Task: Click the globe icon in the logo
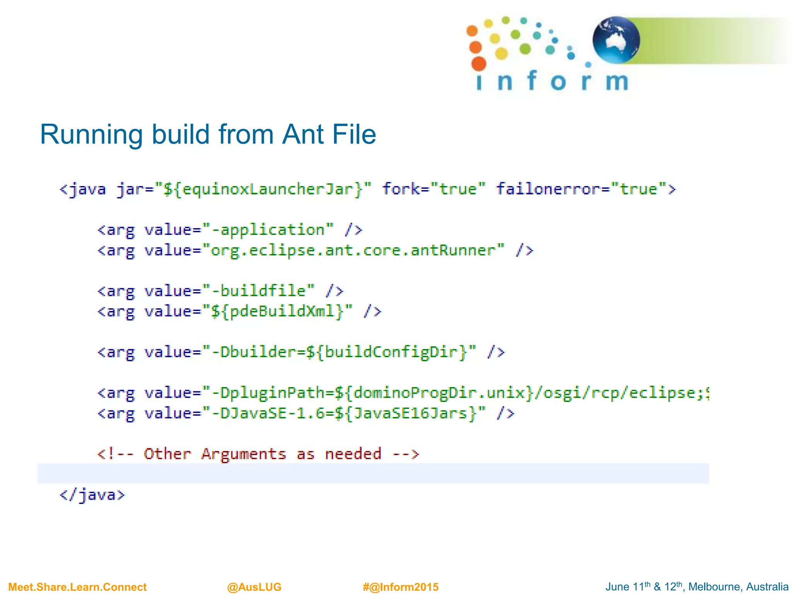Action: [616, 40]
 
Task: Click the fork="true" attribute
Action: [434, 189]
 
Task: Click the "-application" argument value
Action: [272, 230]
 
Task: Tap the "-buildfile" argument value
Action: [263, 291]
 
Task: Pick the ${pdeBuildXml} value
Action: [277, 311]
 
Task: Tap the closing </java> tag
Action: [92, 495]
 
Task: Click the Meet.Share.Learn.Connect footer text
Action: [77, 587]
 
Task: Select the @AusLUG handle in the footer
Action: [254, 587]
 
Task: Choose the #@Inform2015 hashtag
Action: [401, 587]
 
